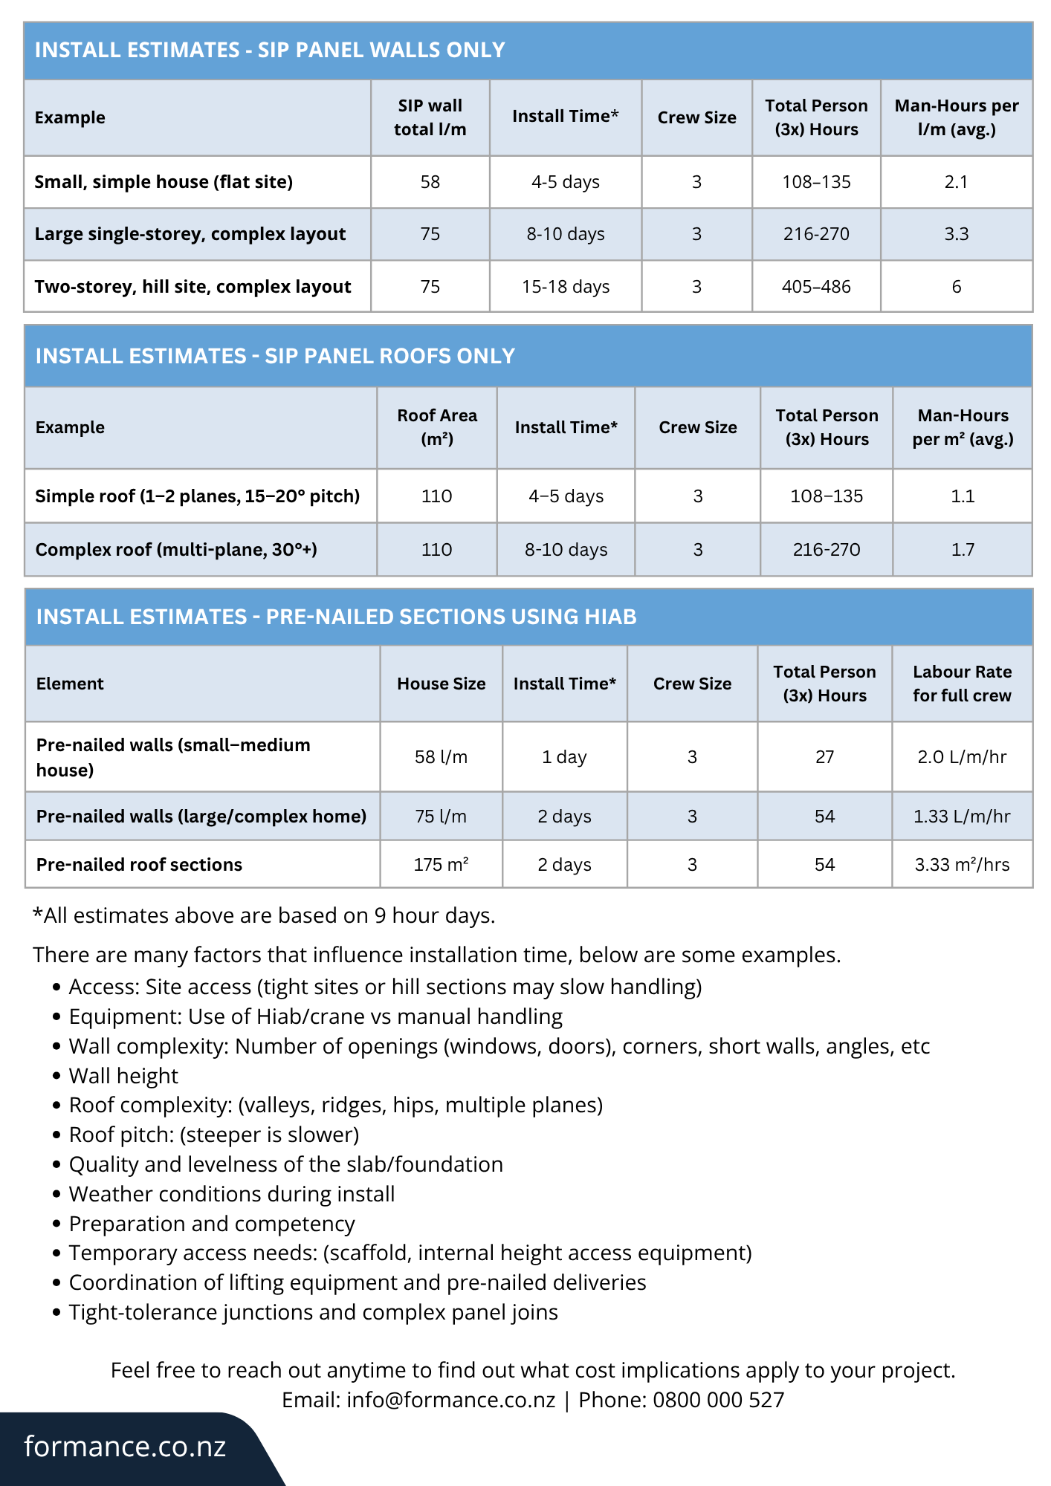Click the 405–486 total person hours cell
point(816,287)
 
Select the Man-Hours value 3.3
point(956,234)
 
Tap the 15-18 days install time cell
point(566,287)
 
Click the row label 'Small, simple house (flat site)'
point(164,182)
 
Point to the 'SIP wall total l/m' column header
point(430,117)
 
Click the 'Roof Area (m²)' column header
point(437,427)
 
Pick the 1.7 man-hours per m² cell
point(963,550)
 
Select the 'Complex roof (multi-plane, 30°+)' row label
point(176,550)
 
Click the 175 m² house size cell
point(441,865)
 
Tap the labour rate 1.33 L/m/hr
point(962,817)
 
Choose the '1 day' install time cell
point(564,757)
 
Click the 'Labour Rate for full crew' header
point(962,684)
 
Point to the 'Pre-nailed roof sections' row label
point(139,865)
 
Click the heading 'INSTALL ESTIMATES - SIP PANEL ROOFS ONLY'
point(275,356)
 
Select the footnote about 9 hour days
point(264,915)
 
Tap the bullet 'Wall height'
point(123,1076)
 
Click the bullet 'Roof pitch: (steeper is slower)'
point(214,1135)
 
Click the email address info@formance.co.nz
point(450,1400)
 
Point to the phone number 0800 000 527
point(718,1400)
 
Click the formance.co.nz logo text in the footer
point(125,1447)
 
